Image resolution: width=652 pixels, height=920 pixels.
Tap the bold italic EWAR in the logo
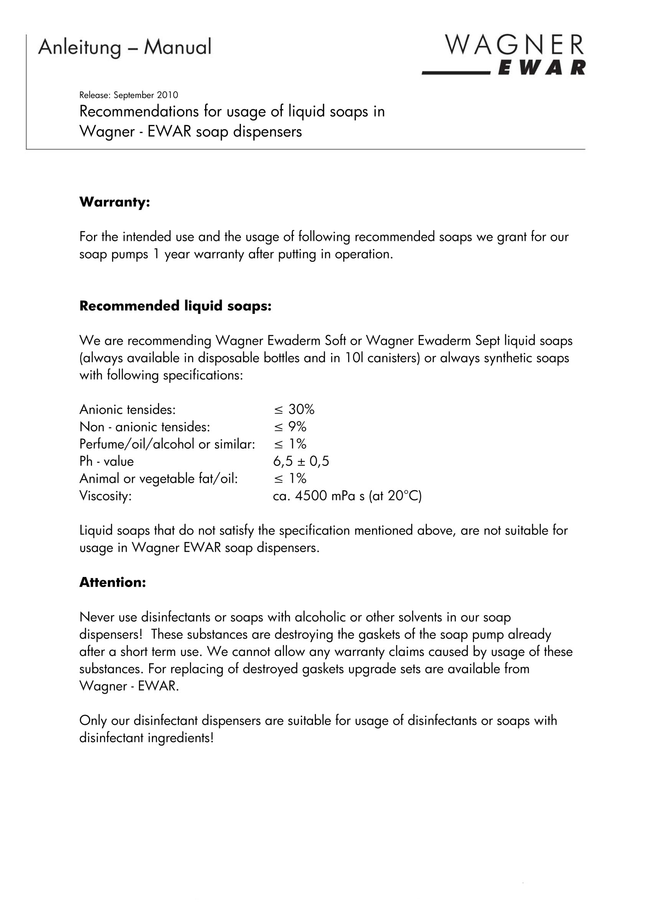[541, 67]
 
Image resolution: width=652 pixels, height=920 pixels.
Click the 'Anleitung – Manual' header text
[125, 47]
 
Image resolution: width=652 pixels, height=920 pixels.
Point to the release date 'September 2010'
[146, 95]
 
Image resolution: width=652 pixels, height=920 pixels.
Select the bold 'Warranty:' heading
[114, 202]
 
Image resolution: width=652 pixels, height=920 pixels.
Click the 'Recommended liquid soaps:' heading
[175, 306]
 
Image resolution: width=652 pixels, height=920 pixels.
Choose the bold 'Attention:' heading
[112, 582]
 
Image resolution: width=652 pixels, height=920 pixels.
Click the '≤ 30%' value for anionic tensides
[294, 409]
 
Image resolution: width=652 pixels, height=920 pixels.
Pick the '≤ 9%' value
[290, 427]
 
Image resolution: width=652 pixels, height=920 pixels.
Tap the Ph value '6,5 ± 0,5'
[301, 461]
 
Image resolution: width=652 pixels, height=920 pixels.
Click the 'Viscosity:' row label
[105, 496]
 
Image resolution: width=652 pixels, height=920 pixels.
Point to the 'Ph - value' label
[106, 461]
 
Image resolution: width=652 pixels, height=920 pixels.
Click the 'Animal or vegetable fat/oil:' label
[158, 479]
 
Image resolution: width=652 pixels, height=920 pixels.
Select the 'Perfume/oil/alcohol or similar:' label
[167, 444]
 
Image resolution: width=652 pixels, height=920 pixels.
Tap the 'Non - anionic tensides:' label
[145, 427]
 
